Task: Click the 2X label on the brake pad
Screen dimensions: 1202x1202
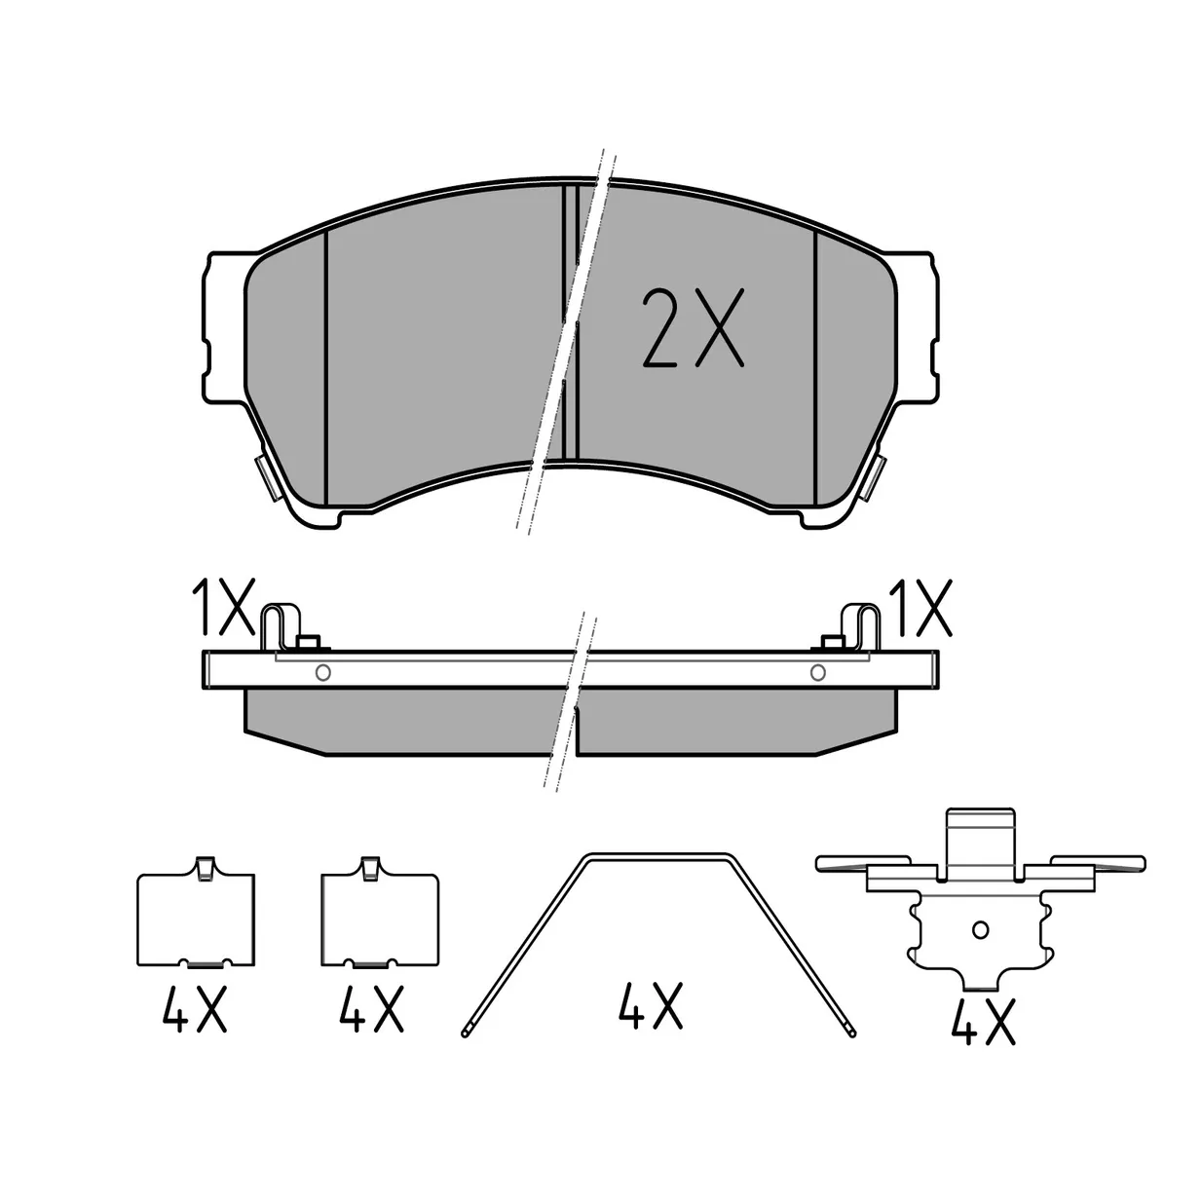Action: tap(693, 327)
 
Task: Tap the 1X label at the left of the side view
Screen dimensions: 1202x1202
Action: tap(223, 607)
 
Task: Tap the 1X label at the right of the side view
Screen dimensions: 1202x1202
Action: tap(921, 607)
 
